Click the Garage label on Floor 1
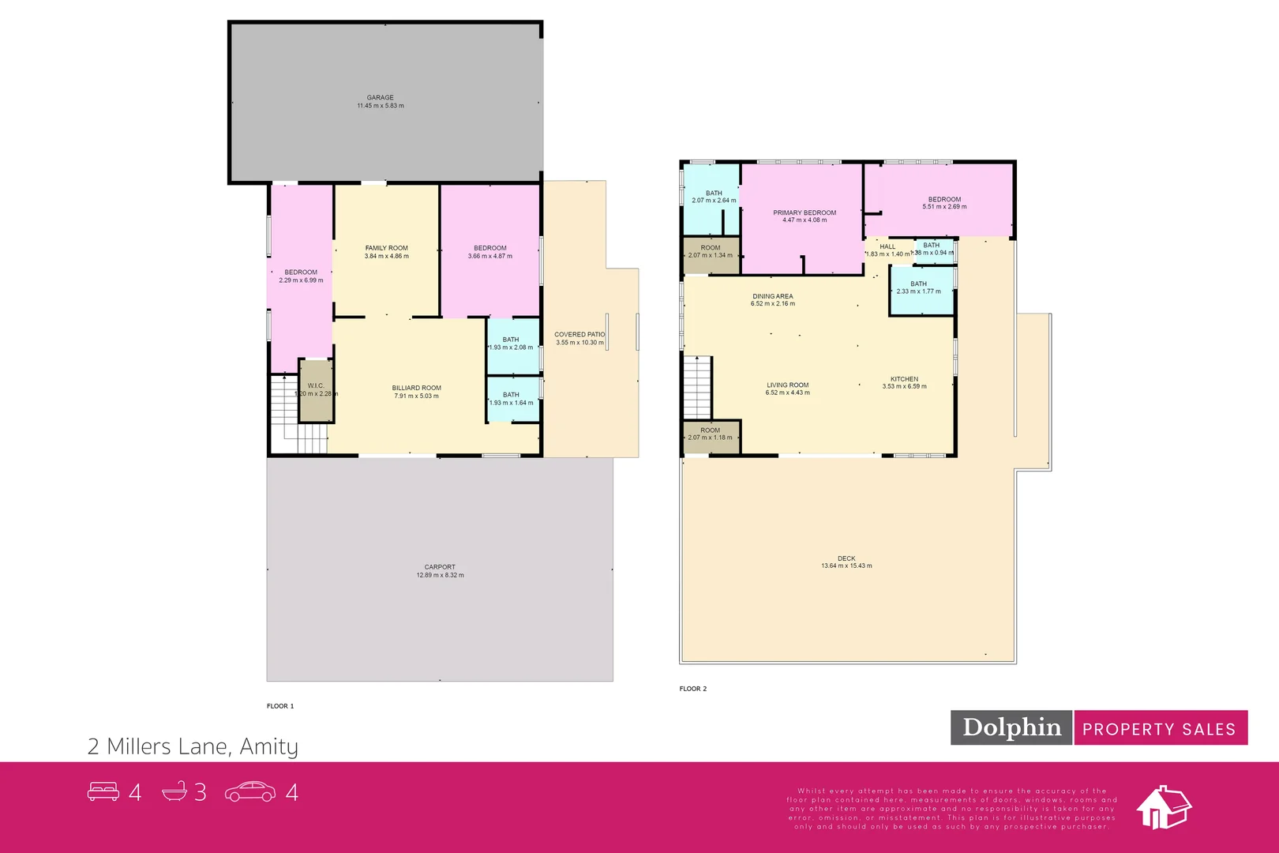[x=380, y=98]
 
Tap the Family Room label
[x=386, y=248]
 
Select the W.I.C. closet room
[x=317, y=390]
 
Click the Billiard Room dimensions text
[x=416, y=396]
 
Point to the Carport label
[x=440, y=567]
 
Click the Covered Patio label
[x=579, y=335]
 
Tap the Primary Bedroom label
[x=804, y=212]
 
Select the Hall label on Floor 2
[x=887, y=246]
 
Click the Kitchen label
[x=904, y=379]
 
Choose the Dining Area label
[x=772, y=296]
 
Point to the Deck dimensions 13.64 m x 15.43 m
[x=846, y=566]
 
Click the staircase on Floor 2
[x=697, y=387]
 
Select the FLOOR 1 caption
[x=279, y=706]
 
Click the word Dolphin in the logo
[x=1011, y=727]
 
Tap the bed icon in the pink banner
[x=103, y=791]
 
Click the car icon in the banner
[x=250, y=791]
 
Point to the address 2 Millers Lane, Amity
[x=193, y=746]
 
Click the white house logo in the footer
[x=1163, y=807]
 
